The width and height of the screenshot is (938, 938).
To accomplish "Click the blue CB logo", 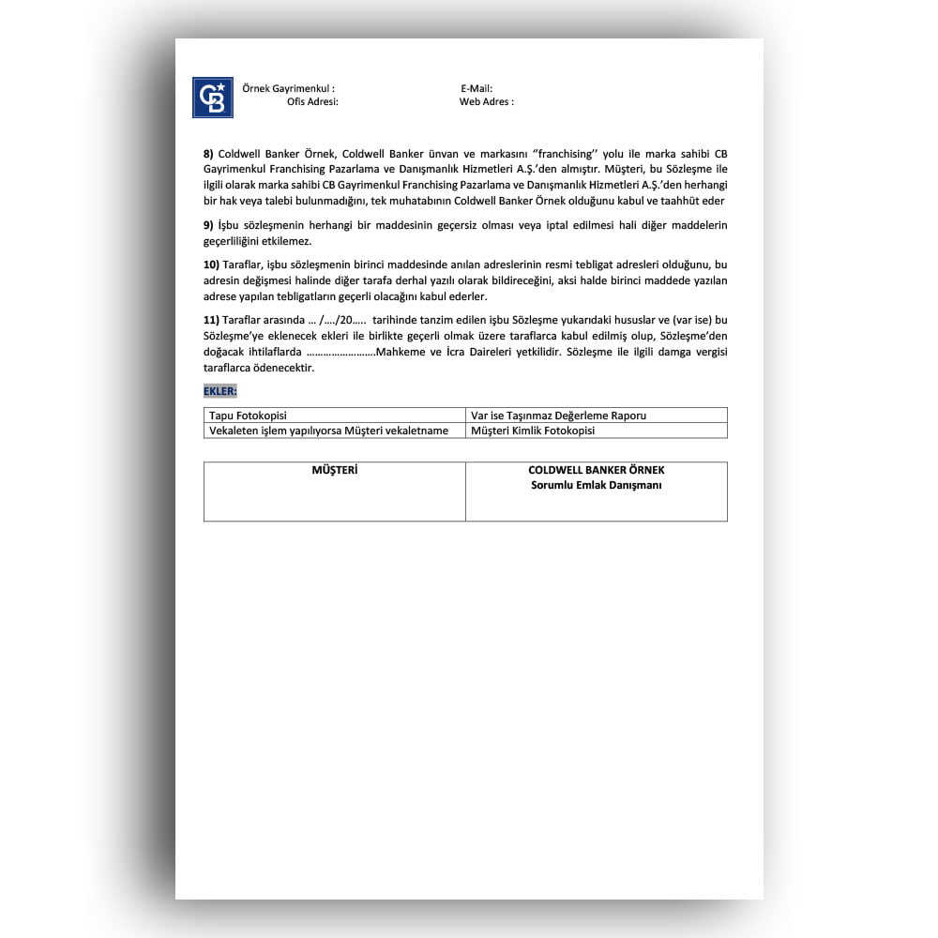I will point(213,98).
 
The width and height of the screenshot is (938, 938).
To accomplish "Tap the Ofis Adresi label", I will point(312,101).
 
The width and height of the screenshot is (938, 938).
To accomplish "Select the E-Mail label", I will point(477,88).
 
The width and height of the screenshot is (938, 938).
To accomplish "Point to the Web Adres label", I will point(486,101).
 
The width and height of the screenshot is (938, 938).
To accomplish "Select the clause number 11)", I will point(211,320).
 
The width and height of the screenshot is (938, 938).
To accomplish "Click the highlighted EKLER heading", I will point(220,390).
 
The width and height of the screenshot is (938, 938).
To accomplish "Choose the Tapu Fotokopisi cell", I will point(248,416).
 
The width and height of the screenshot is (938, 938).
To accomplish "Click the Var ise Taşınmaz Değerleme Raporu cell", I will point(558,416).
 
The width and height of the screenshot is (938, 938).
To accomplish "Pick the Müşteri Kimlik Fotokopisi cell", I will point(533,431).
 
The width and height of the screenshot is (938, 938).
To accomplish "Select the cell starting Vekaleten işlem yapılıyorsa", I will point(328,431).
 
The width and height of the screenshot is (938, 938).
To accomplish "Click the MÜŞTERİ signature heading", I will point(334,470).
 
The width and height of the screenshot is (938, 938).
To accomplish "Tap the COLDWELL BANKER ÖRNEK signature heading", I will point(596,470).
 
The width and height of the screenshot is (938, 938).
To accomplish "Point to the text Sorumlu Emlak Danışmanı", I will point(596,485).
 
